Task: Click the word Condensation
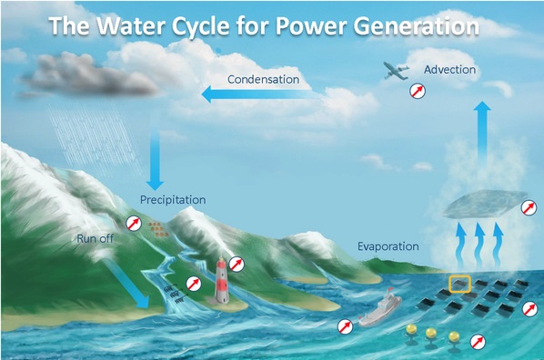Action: tap(263, 79)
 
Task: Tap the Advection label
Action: tap(449, 69)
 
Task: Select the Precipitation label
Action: tap(173, 200)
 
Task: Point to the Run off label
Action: tap(95, 238)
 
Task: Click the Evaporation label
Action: tap(388, 246)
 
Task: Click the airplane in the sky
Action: tap(396, 71)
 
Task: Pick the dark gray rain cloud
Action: tap(90, 75)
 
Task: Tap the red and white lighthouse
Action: tap(222, 280)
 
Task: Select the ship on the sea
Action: tap(379, 309)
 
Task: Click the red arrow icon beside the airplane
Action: tap(418, 91)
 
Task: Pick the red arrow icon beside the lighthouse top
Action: tap(237, 265)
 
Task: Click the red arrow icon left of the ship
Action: tap(345, 326)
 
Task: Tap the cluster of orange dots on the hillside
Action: tap(159, 230)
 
